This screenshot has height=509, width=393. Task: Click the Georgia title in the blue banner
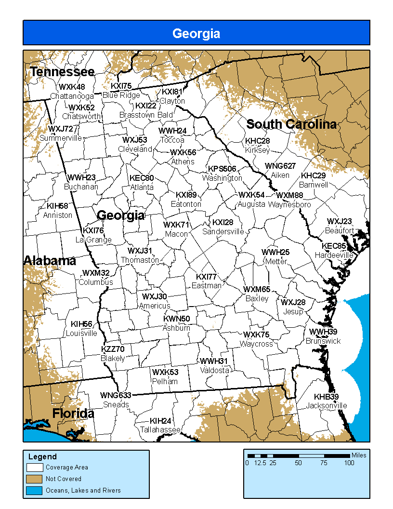click(196, 33)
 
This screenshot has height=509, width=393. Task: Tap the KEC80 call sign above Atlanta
click(142, 178)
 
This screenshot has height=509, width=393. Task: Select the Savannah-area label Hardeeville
click(334, 254)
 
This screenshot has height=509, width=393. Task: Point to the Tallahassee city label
click(160, 429)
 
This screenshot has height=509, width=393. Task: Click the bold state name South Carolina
click(291, 124)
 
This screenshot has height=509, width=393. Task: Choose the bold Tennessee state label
click(62, 72)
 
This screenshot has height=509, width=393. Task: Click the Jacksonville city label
click(326, 405)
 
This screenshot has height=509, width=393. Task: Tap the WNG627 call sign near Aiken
click(280, 166)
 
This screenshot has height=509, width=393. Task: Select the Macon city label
click(176, 234)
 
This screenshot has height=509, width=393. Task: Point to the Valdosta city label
click(215, 370)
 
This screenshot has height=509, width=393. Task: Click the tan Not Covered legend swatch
click(36, 479)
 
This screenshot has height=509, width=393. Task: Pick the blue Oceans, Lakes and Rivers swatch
click(36, 490)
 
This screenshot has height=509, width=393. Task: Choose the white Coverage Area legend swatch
click(36, 467)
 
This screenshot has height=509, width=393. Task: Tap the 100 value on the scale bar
click(349, 463)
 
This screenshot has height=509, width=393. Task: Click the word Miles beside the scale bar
click(359, 455)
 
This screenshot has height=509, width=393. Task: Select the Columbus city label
click(96, 282)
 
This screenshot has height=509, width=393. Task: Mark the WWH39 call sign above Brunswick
click(323, 332)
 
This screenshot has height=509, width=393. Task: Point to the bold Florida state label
click(73, 414)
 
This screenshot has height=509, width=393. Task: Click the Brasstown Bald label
click(146, 115)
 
